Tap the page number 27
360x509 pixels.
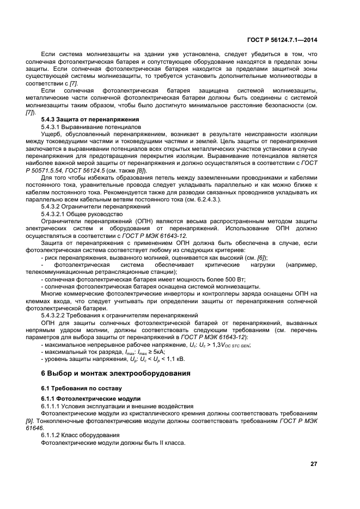point(313,463)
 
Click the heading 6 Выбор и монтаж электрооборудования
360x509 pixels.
point(117,373)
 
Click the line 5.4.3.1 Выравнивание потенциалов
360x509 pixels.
point(88,126)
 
